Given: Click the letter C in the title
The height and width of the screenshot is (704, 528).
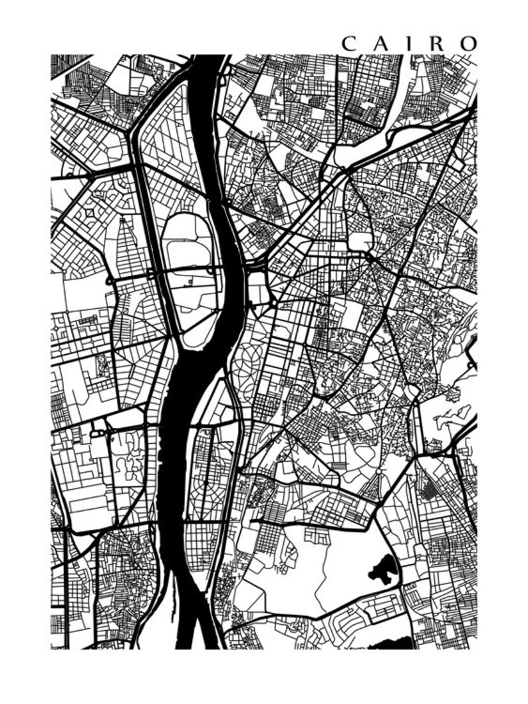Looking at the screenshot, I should pos(348,43).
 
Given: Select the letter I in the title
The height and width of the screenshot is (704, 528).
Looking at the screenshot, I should pos(409,43).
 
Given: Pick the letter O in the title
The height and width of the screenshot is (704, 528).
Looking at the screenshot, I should pos(467,43).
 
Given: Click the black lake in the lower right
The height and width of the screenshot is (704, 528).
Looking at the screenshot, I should pos(380,569).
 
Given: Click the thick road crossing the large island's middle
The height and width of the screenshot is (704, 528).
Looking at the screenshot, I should pos(190,270).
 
